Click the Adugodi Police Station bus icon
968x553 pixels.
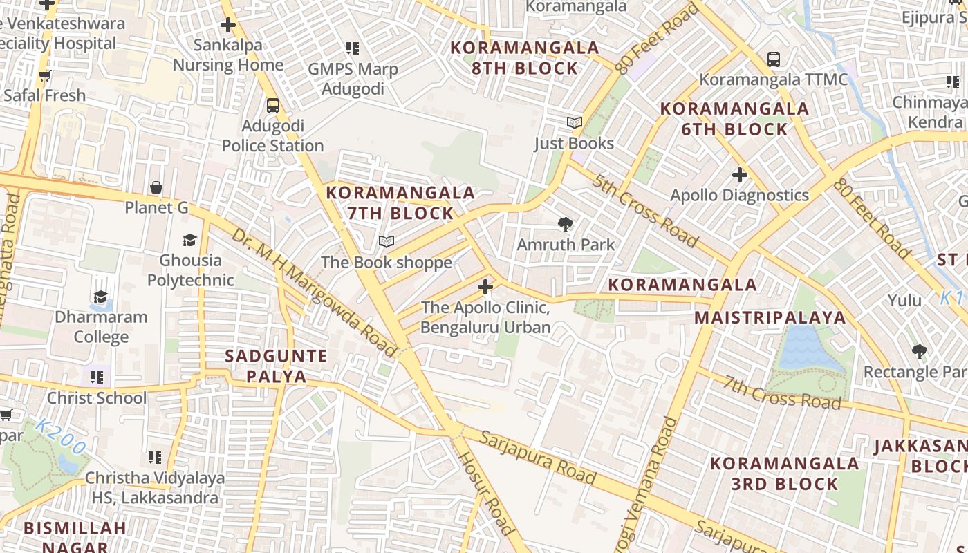pos(273,106)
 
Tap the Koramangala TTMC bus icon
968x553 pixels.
pos(774,59)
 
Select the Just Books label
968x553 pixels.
pos(574,143)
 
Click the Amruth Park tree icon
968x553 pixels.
pos(566,225)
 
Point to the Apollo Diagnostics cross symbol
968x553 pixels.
pos(740,175)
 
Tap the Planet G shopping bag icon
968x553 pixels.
pos(156,187)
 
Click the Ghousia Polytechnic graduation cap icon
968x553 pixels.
pos(189,240)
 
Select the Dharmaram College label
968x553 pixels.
pos(101,327)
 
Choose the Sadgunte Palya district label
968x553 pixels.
pos(276,366)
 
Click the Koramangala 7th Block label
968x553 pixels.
pos(400,203)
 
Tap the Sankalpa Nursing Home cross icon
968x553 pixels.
pos(228,26)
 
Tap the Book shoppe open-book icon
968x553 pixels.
pos(387,242)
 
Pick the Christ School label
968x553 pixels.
pos(97,397)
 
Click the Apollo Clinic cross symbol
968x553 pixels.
pos(485,286)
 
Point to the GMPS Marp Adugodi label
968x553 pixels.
pos(353,79)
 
